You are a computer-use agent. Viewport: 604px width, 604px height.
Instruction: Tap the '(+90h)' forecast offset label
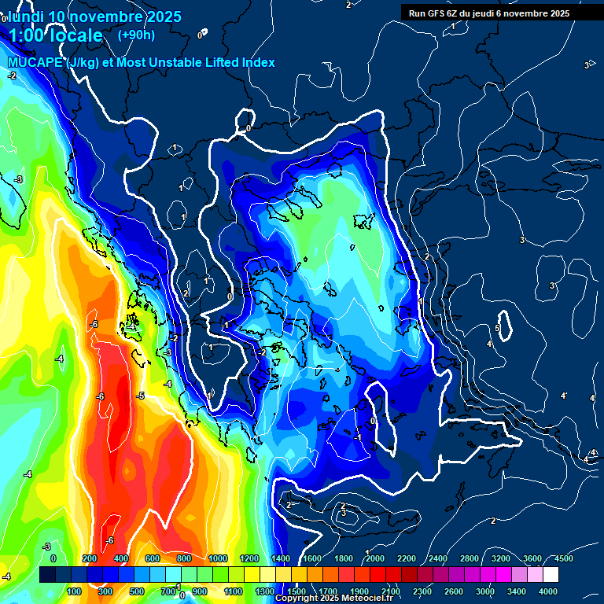(x=136, y=35)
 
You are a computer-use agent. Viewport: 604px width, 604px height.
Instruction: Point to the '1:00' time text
(x=29, y=35)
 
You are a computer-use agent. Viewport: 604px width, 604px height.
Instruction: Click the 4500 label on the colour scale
(x=563, y=558)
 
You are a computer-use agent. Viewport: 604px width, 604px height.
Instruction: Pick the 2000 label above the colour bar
(x=375, y=558)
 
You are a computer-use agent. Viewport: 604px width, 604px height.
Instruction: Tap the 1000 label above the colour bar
(x=218, y=558)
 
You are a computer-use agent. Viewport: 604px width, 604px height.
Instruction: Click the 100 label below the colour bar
(x=75, y=591)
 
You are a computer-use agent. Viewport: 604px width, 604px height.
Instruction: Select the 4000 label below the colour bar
(x=548, y=591)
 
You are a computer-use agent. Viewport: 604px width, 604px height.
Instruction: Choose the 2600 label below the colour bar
(x=454, y=591)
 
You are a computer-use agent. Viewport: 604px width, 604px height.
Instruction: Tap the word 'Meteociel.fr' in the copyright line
(x=368, y=598)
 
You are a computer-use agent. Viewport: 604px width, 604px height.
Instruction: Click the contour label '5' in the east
(x=497, y=328)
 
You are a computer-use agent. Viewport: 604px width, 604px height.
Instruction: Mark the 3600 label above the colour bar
(x=532, y=558)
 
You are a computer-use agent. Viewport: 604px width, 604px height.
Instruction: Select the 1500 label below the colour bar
(x=296, y=591)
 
